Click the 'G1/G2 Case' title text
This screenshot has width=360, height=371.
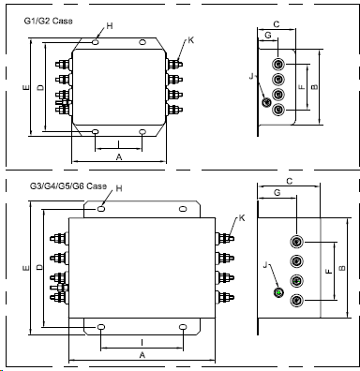pyautogui.click(x=48, y=21)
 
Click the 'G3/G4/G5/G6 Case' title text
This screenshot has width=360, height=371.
pyautogui.click(x=68, y=186)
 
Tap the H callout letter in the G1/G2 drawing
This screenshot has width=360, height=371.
pyautogui.click(x=110, y=26)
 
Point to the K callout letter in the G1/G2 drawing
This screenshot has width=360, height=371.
pyautogui.click(x=191, y=40)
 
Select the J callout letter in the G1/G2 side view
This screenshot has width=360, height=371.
pyautogui.click(x=251, y=76)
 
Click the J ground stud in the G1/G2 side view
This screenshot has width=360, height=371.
pyautogui.click(x=266, y=102)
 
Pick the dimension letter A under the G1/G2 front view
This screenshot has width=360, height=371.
pyautogui.click(x=119, y=157)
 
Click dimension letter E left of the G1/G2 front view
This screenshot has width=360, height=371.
pyautogui.click(x=26, y=87)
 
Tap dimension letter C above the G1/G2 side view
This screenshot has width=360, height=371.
pyautogui.click(x=277, y=24)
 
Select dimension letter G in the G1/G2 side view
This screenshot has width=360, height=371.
pyautogui.click(x=268, y=36)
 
